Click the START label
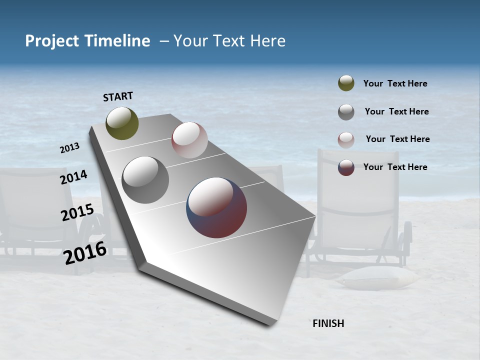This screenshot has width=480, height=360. (118, 96)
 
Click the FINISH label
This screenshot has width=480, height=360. (328, 323)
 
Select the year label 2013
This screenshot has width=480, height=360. (70, 148)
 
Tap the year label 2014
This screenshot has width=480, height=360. (74, 177)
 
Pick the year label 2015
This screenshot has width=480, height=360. (77, 212)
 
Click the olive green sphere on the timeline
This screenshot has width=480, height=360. (122, 123)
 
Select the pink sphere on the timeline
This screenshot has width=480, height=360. (189, 140)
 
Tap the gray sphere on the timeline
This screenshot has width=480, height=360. (145, 180)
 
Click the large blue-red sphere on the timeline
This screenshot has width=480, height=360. (216, 207)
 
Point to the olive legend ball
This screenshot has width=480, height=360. (346, 83)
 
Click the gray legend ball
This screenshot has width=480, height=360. (346, 112)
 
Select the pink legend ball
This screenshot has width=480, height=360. (346, 140)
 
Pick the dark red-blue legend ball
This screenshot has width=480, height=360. (346, 167)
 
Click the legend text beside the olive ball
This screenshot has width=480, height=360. (395, 83)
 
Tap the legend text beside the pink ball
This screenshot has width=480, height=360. (397, 139)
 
